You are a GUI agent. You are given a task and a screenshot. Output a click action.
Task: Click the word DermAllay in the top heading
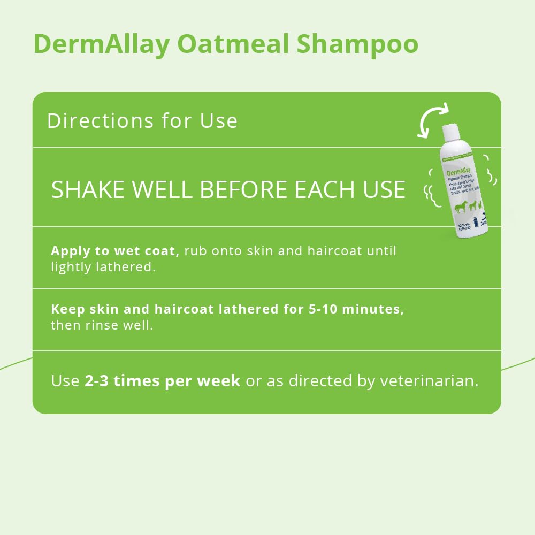(101, 44)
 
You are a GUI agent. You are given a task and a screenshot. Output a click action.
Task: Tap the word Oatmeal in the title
(233, 44)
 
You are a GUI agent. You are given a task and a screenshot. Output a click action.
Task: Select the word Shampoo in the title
(357, 44)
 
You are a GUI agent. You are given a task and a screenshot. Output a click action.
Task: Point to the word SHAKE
(89, 190)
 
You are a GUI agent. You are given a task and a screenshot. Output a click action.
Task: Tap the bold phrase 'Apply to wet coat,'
(114, 251)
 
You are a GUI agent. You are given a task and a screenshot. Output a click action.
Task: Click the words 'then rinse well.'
(102, 325)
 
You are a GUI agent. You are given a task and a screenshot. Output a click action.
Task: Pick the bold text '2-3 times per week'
(162, 381)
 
